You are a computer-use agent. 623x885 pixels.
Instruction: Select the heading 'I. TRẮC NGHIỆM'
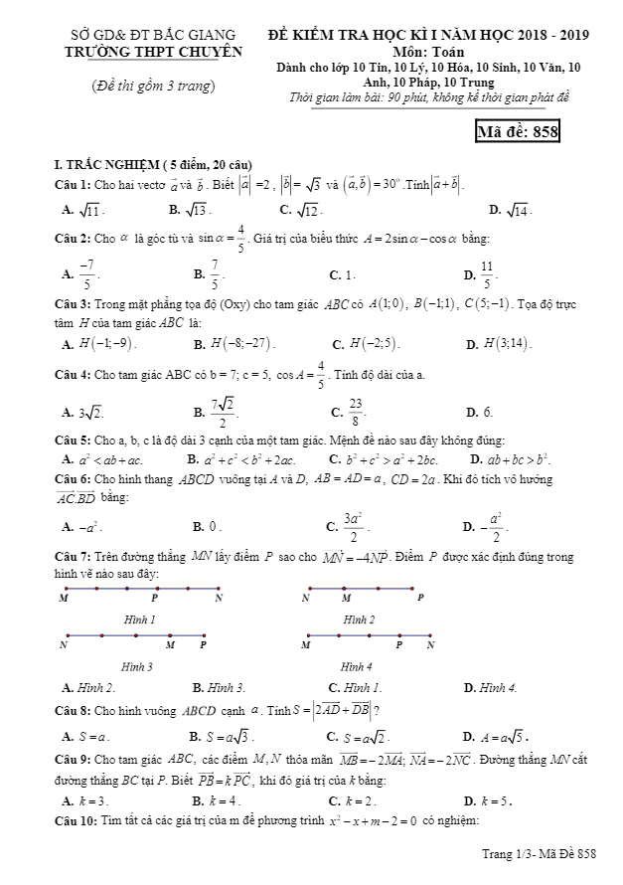(108, 163)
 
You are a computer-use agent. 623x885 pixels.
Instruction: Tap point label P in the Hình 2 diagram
(420, 599)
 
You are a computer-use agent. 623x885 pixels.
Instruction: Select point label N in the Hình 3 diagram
(64, 645)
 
